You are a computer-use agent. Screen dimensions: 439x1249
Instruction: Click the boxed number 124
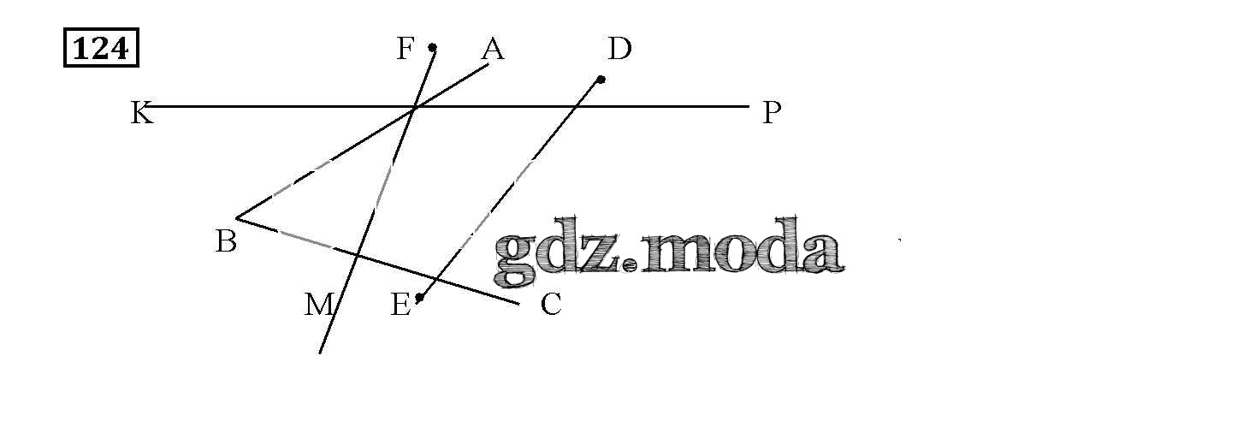pos(101,49)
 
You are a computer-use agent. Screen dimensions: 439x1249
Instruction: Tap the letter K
pos(141,113)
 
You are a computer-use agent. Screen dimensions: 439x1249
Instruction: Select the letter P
pos(772,113)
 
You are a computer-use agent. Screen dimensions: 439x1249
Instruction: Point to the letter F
pos(405,50)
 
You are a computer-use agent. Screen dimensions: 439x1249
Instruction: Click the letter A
pos(493,50)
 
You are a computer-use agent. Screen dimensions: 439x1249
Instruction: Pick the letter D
pos(619,50)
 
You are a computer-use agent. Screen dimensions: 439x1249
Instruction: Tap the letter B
pos(226,242)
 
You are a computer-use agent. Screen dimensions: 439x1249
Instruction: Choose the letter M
pos(318,305)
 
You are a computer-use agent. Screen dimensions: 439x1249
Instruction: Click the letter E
pos(400,305)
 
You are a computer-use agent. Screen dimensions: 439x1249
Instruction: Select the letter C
pos(551,305)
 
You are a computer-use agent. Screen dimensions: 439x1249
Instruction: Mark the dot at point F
pos(433,47)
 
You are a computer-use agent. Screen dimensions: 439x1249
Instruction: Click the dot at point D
pos(601,80)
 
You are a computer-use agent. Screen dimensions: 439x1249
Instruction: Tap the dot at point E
pos(419,298)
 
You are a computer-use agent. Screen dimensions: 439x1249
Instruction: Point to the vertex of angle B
pos(237,218)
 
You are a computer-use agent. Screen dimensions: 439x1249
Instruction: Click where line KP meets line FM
pos(415,107)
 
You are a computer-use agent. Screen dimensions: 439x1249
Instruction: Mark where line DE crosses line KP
pos(579,107)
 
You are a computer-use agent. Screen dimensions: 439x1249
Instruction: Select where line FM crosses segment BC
pos(358,253)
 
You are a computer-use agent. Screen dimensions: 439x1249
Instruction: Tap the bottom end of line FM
pos(320,352)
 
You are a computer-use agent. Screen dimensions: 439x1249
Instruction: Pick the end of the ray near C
pos(518,303)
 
